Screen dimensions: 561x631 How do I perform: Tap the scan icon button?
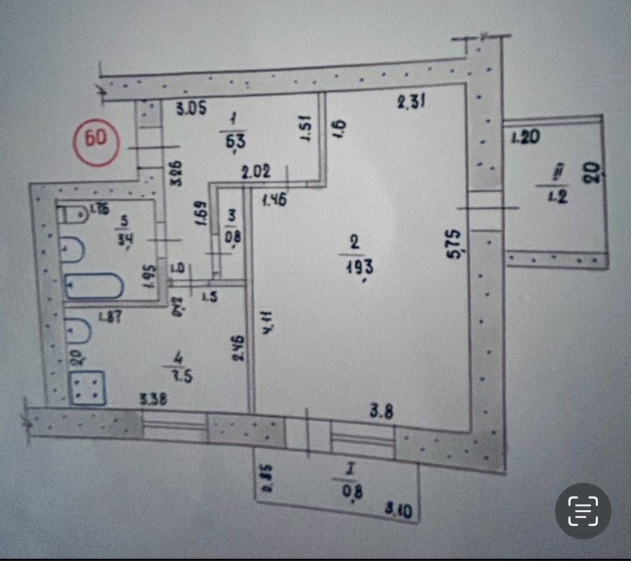(x=582, y=511)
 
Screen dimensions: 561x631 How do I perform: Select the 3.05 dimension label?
(x=191, y=109)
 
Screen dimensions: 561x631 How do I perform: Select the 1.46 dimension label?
(x=275, y=202)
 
